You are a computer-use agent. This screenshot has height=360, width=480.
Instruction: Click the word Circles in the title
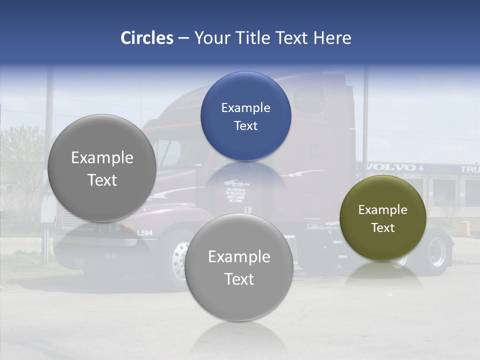click(146, 38)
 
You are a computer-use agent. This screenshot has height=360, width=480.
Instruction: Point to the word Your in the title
click(210, 38)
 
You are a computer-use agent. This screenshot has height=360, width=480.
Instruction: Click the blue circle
click(245, 116)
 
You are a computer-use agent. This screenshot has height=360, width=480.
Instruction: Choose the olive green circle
click(382, 218)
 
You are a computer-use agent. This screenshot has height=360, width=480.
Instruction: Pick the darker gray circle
click(102, 168)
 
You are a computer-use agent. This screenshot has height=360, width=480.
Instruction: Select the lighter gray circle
click(239, 267)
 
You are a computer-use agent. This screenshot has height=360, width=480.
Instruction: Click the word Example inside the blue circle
click(245, 107)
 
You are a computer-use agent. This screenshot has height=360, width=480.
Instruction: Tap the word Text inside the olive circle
click(382, 227)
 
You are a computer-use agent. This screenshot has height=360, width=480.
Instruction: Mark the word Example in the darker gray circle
click(102, 158)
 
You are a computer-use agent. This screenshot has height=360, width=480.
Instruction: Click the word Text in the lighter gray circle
click(239, 279)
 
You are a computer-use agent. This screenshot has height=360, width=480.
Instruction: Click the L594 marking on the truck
click(145, 232)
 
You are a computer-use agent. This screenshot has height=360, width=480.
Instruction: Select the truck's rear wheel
click(437, 251)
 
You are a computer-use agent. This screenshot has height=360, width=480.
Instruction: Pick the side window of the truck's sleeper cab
click(309, 100)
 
